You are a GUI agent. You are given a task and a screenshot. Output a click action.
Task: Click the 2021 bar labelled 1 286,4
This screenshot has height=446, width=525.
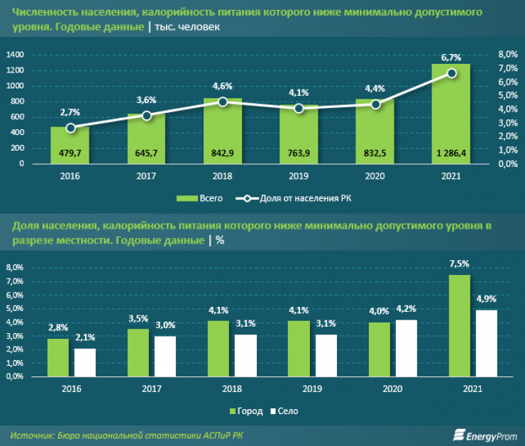click(x=451, y=114)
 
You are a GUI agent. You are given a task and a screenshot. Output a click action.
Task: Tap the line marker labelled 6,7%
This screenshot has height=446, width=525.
click(x=451, y=73)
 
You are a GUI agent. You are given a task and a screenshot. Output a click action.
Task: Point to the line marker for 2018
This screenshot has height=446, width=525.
click(x=223, y=102)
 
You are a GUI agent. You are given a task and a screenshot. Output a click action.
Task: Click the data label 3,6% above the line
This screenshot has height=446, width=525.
click(x=146, y=100)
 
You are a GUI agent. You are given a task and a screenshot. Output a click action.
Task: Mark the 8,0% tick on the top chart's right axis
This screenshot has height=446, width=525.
click(x=509, y=55)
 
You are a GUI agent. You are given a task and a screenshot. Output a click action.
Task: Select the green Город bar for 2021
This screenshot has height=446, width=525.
click(x=460, y=326)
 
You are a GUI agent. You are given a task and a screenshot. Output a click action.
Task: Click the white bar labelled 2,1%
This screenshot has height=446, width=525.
click(x=85, y=362)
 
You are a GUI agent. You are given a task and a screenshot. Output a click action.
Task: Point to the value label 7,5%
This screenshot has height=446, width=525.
click(x=460, y=264)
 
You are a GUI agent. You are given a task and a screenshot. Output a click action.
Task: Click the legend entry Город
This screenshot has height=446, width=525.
click(x=246, y=411)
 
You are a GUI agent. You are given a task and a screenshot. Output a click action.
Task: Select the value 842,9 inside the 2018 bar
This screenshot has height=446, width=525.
click(x=223, y=152)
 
